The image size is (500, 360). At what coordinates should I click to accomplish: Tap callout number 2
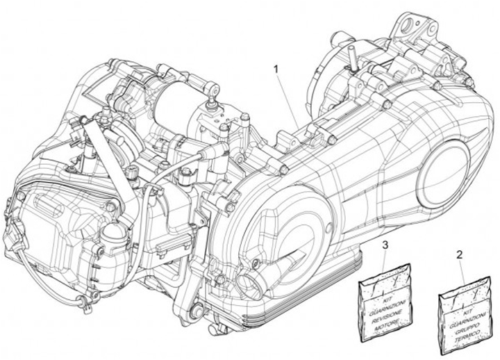click(458, 255)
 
